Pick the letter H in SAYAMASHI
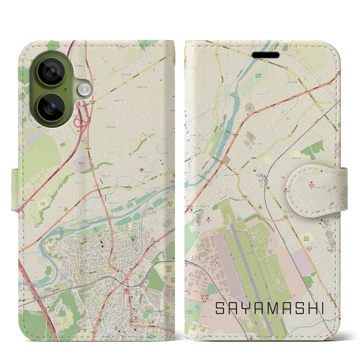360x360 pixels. click(310, 309)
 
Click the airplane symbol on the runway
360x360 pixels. click(256, 274)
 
